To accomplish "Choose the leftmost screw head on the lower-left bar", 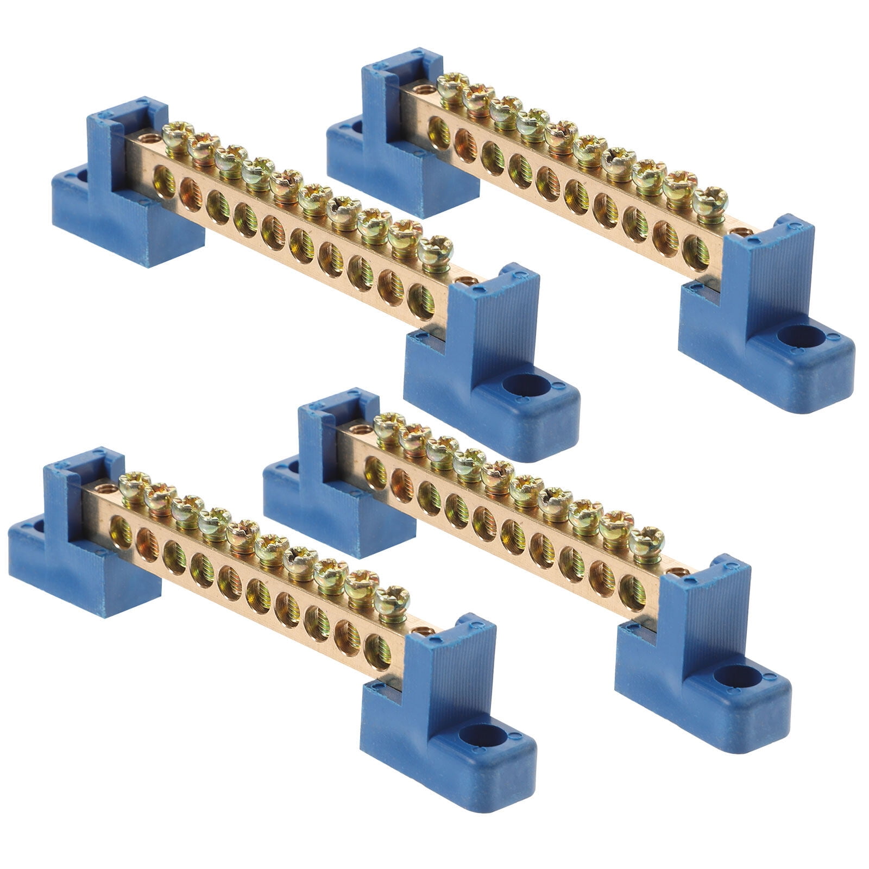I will tap(134, 482).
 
